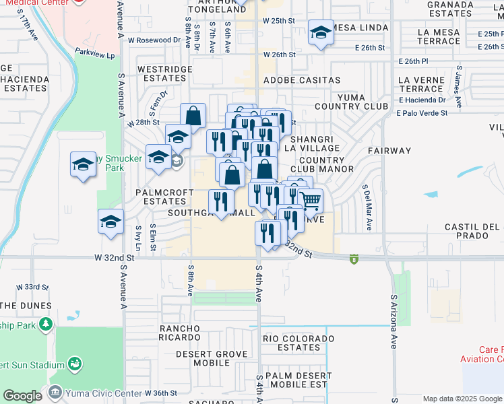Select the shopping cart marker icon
tap(309, 200)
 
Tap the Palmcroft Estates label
tap(160, 197)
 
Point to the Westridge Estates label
tap(162, 74)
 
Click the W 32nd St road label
tap(111, 258)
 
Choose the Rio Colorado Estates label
tap(298, 343)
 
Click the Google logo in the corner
tap(22, 396)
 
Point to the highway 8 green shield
tap(353, 259)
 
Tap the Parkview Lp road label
tap(95, 50)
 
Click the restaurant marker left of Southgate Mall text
tap(220, 200)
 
